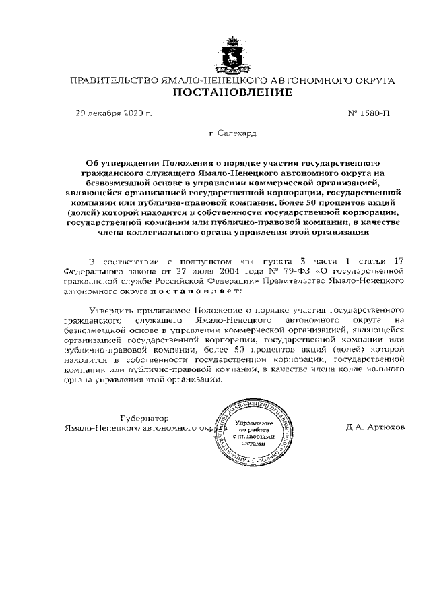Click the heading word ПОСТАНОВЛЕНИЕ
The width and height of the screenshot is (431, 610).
click(232, 93)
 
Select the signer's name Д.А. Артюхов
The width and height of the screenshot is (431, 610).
click(375, 427)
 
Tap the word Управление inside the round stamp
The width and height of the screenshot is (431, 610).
click(249, 421)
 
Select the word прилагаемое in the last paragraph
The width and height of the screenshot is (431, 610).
click(164, 311)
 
